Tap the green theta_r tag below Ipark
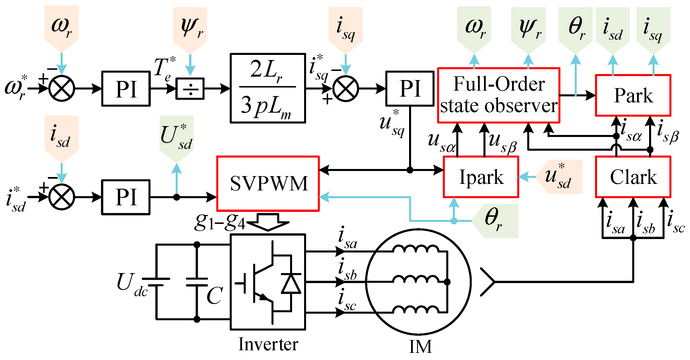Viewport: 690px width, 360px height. pos(495,221)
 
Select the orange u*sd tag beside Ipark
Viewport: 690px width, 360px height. pos(559,177)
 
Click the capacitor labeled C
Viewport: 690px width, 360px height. pos(197,282)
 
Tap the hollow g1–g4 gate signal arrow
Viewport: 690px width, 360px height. pos(268,222)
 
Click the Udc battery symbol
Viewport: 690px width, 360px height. pos(156,282)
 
